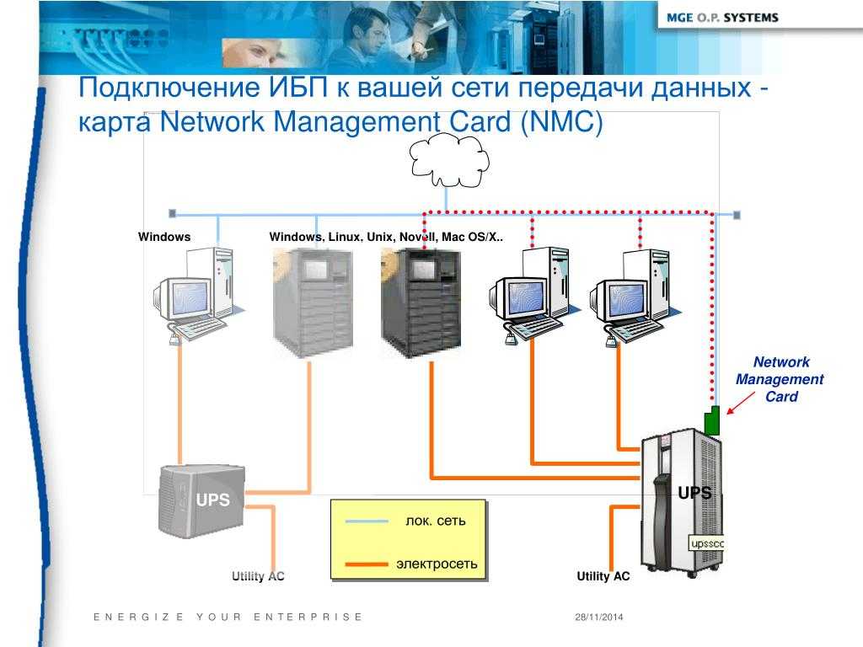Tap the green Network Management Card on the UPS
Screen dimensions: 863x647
712,421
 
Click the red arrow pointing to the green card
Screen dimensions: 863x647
741,403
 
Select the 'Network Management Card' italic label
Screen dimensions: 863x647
780,379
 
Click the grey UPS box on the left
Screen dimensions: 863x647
201,500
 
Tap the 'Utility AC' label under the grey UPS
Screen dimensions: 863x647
258,576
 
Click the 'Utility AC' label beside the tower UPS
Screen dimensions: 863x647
603,576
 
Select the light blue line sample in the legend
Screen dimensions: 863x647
367,521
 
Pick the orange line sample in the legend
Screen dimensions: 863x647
367,564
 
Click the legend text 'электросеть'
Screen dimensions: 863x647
437,564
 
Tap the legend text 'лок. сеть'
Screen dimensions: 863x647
436,521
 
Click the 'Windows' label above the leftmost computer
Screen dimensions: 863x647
164,237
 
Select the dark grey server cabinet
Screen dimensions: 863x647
421,303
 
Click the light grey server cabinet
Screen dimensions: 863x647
314,303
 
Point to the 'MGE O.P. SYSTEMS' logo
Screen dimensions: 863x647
722,18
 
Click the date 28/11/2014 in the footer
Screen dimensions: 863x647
599,618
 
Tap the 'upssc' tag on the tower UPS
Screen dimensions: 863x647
707,543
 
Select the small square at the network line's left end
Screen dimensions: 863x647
172,213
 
